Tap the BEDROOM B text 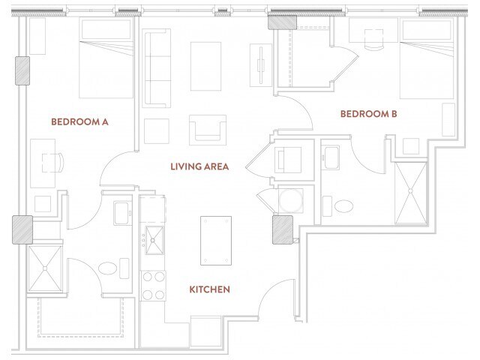(368, 114)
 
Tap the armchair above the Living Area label (208, 128)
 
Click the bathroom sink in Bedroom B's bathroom (332, 158)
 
